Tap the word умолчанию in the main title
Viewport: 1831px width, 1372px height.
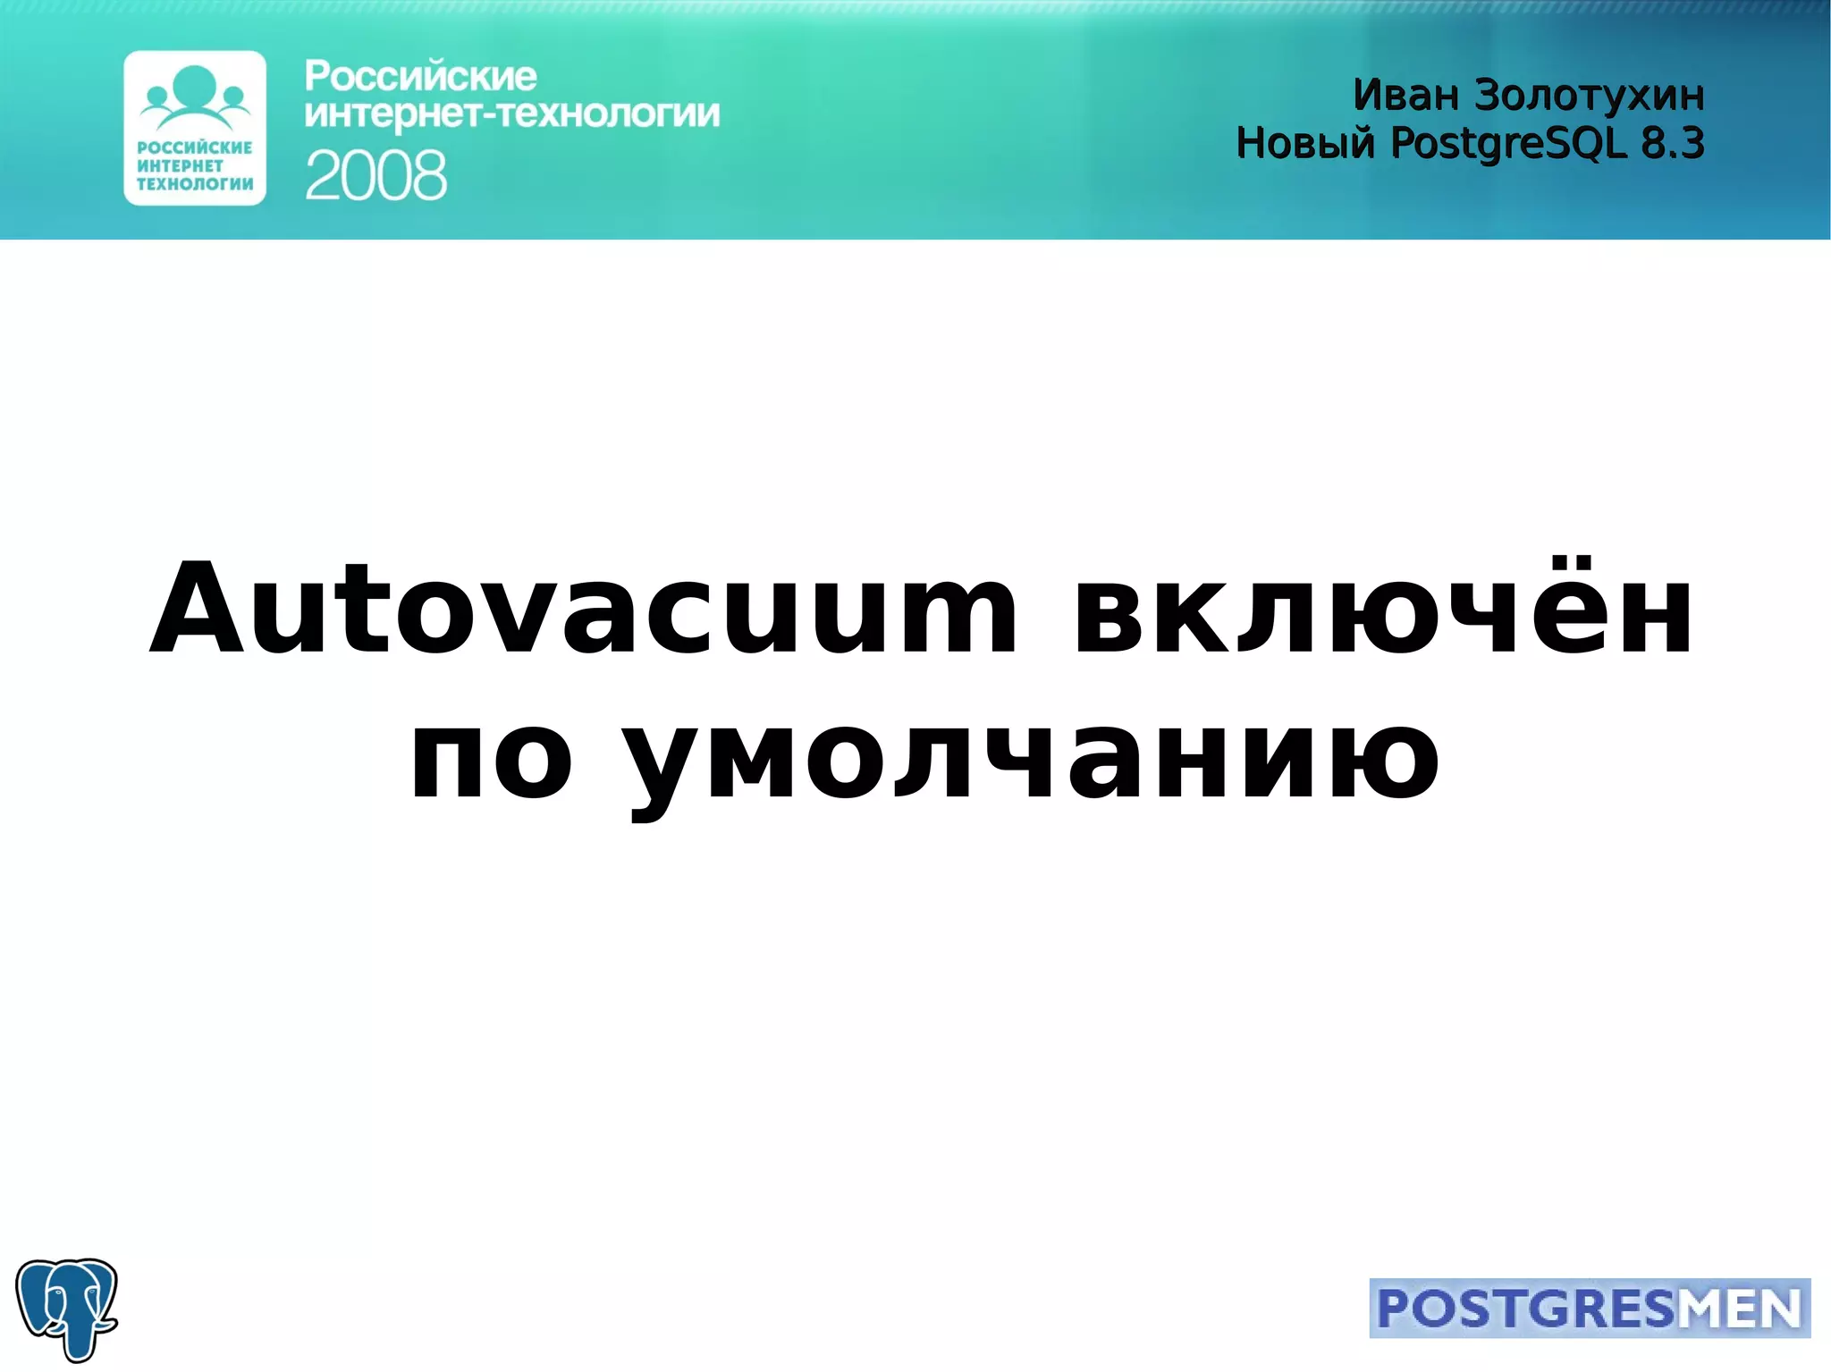click(1030, 760)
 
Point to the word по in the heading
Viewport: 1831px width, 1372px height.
click(490, 760)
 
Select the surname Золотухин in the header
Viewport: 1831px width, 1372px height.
click(1589, 95)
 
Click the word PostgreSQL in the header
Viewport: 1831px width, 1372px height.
click(1508, 143)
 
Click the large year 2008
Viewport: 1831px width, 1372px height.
click(375, 175)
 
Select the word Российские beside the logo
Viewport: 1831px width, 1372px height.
click(420, 77)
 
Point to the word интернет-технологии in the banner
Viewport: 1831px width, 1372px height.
click(511, 114)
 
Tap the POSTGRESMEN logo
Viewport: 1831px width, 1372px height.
click(1589, 1309)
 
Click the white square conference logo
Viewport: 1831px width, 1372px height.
click(195, 128)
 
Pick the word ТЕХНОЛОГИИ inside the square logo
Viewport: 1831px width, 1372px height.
click(195, 184)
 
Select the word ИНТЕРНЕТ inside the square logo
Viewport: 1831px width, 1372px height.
click(180, 165)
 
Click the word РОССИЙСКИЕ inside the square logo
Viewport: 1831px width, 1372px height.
click(195, 147)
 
